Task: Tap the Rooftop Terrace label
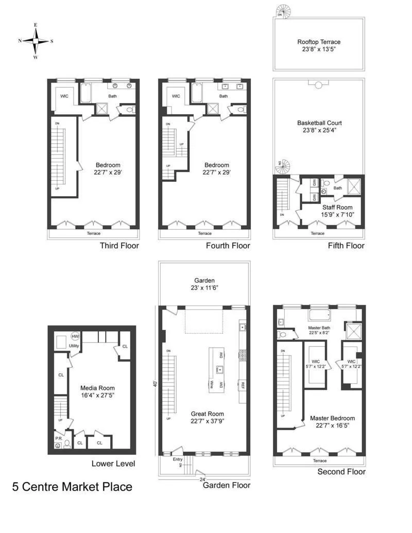pyautogui.click(x=319, y=46)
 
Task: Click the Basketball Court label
pyautogui.click(x=319, y=127)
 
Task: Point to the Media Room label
pyautogui.click(x=97, y=392)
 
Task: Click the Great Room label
pyautogui.click(x=208, y=417)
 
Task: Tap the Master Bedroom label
pyautogui.click(x=332, y=422)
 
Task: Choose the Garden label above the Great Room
pyautogui.click(x=204, y=284)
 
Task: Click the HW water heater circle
pyautogui.click(x=76, y=336)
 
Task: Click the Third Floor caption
pyautogui.click(x=119, y=246)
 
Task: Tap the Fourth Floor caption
pyautogui.click(x=228, y=246)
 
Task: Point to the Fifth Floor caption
pyautogui.click(x=346, y=246)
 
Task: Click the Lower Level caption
pyautogui.click(x=113, y=463)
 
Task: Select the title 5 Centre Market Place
pyautogui.click(x=72, y=487)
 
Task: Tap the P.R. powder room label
pyautogui.click(x=58, y=438)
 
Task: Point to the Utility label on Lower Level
pyautogui.click(x=74, y=346)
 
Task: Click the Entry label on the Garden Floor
pyautogui.click(x=178, y=459)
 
